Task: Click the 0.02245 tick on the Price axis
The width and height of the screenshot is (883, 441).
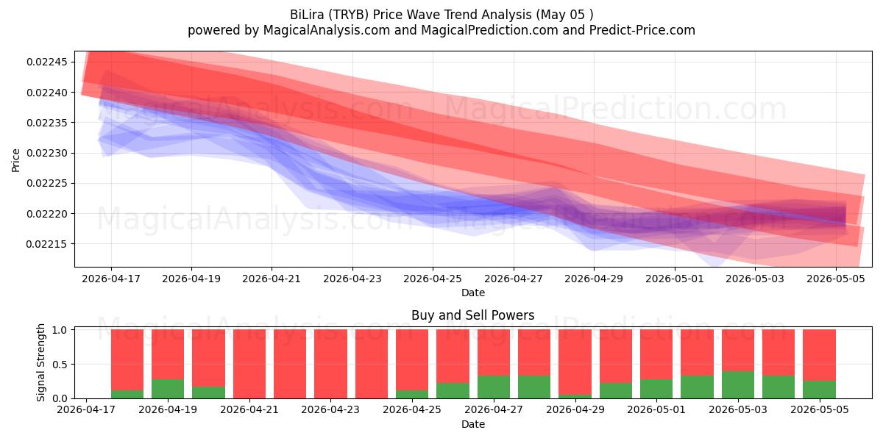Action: pos(47,62)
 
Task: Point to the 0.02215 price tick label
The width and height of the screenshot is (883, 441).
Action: pos(47,244)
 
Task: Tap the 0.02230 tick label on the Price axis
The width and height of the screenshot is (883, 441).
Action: pos(47,153)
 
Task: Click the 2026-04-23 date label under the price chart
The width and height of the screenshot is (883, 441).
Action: pos(352,279)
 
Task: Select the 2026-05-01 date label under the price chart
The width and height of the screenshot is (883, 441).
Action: pos(675,279)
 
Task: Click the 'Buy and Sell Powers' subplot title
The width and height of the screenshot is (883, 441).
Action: pos(472,315)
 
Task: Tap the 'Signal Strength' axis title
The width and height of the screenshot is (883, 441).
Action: pos(40,362)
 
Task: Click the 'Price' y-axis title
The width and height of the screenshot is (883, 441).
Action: pos(15,160)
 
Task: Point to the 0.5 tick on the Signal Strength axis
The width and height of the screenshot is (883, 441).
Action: pos(60,365)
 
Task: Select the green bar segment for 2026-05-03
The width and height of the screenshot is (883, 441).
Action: pos(738,384)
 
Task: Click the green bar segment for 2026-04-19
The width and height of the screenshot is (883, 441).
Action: pos(168,389)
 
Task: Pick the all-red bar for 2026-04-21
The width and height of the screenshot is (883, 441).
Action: pos(249,364)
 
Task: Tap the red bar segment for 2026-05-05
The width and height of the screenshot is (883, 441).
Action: pos(820,355)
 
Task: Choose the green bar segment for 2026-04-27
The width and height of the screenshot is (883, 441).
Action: pos(494,387)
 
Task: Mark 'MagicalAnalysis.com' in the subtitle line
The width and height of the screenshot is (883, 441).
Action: pos(327,30)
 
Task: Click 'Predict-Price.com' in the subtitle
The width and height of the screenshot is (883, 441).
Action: pos(642,30)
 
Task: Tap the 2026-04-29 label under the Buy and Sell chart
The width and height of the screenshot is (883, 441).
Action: pos(575,409)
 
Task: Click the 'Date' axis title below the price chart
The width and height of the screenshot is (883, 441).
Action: pos(473,293)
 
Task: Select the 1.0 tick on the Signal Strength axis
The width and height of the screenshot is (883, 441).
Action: pos(60,329)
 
